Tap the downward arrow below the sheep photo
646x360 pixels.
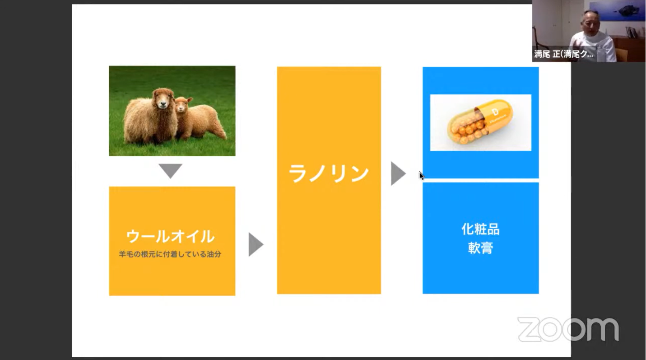[170, 171]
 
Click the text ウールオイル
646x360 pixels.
[170, 236]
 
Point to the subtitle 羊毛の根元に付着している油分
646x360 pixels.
[170, 254]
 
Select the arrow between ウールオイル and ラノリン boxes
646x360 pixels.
[256, 244]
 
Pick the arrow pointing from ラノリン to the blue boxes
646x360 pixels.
[398, 173]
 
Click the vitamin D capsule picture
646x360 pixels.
[480, 122]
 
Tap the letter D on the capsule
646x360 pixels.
[495, 112]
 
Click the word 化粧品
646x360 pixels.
[480, 229]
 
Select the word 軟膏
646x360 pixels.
[480, 248]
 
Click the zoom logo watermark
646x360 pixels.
[568, 329]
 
